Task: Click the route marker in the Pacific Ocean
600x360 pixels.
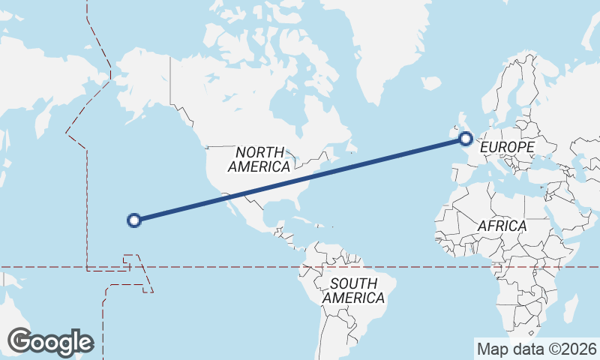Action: tap(134, 220)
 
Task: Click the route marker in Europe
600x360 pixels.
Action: tap(466, 138)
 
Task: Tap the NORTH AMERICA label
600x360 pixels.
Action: tap(260, 159)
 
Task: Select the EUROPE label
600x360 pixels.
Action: tap(508, 147)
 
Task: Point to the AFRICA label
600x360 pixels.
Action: tap(502, 225)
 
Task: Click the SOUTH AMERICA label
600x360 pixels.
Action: tap(354, 290)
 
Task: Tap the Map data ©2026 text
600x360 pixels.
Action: tap(536, 349)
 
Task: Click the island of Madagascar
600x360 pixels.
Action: tap(571, 307)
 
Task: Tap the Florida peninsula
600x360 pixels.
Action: tap(300, 201)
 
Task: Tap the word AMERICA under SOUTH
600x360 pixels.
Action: tap(354, 298)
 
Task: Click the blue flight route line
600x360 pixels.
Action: tap(300, 178)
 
